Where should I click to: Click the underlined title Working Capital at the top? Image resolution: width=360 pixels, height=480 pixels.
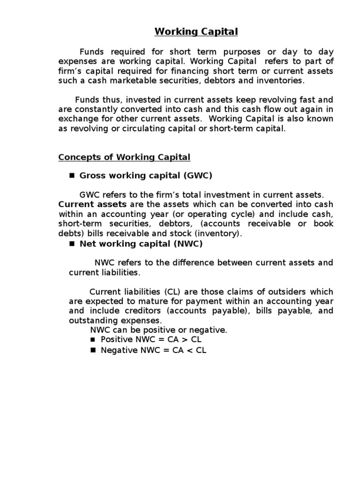tap(190, 32)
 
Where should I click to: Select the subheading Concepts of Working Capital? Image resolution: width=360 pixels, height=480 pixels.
tap(124, 157)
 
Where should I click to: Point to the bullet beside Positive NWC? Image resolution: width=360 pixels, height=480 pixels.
tap(93, 340)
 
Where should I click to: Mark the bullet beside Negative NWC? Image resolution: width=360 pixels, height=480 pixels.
tap(93, 350)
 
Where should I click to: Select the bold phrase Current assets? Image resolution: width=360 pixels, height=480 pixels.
tap(92, 204)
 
